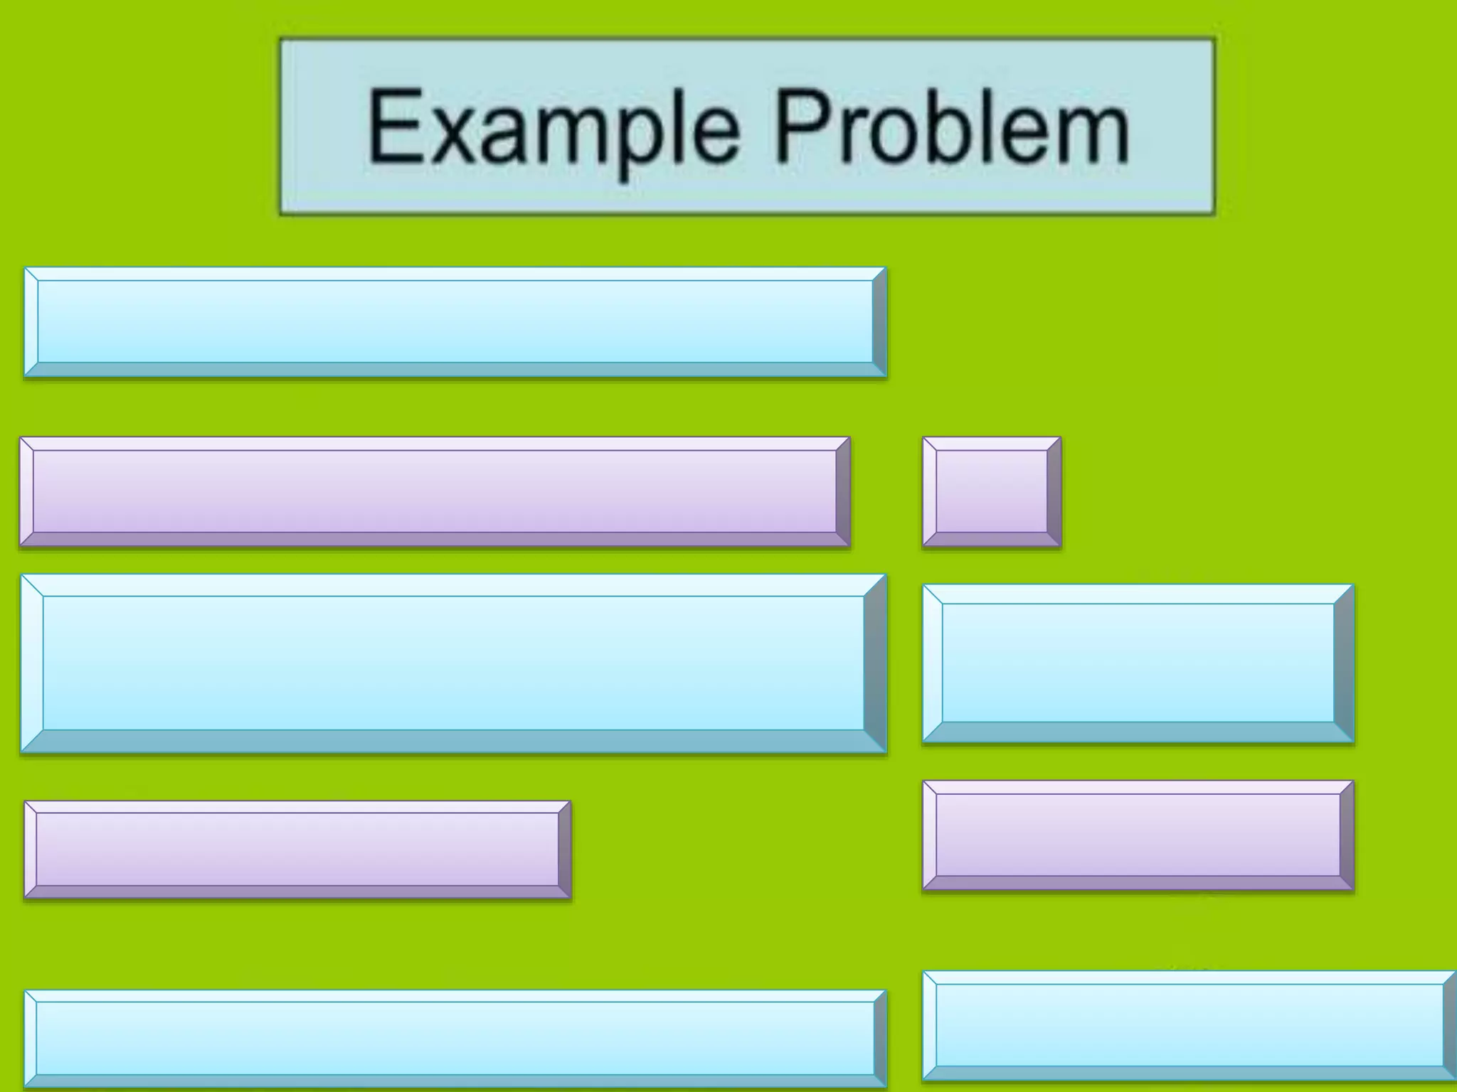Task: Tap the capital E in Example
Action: tap(391, 126)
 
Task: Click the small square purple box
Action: tap(992, 492)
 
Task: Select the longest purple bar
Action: tap(435, 492)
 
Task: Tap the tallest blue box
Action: tap(453, 663)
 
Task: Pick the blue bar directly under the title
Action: tap(455, 322)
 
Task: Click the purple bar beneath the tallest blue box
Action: tap(297, 850)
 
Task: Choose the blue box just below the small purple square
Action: tap(1138, 663)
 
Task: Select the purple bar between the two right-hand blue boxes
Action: tap(1138, 835)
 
